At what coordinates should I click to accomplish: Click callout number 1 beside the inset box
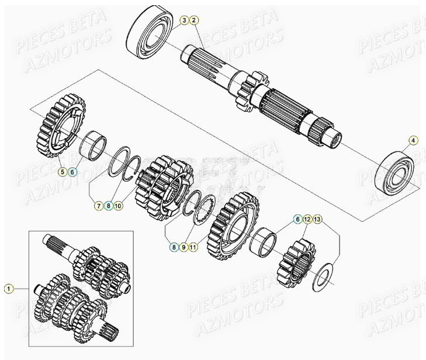point(9,288)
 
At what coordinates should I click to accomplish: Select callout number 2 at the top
point(195,21)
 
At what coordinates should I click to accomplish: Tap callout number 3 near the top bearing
point(184,21)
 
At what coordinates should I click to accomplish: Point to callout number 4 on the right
point(413,140)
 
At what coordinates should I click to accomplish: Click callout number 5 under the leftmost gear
point(62,172)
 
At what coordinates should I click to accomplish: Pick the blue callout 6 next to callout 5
point(72,172)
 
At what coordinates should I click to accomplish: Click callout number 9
point(119,205)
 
